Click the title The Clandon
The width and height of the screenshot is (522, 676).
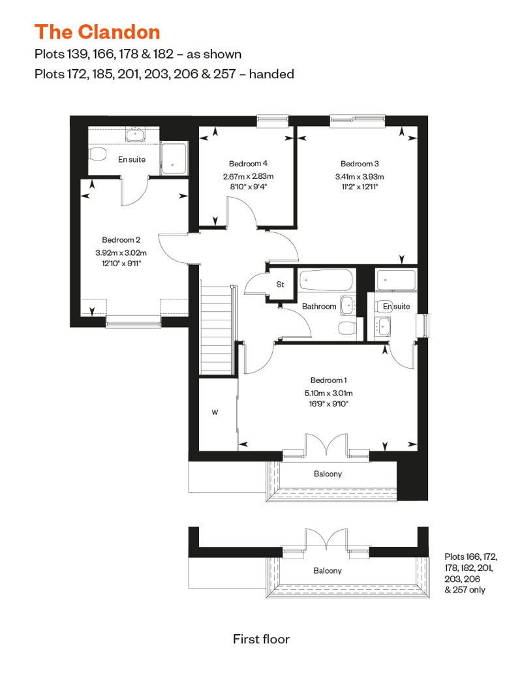click(x=97, y=33)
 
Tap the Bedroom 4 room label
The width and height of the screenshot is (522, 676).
click(x=249, y=163)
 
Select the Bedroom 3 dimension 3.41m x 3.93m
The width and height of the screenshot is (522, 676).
click(x=360, y=177)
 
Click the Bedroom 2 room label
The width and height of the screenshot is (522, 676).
click(x=121, y=239)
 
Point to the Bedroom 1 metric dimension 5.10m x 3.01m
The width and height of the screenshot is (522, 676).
click(x=328, y=393)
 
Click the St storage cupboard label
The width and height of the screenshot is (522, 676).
click(x=280, y=284)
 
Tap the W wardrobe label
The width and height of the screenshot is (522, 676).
click(x=215, y=412)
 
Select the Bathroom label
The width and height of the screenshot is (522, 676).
click(x=319, y=306)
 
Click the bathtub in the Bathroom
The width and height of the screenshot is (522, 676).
click(x=326, y=280)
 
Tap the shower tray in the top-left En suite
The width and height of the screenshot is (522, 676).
click(x=174, y=159)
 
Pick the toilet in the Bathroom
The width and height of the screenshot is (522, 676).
click(x=347, y=328)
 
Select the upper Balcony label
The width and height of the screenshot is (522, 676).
click(x=328, y=474)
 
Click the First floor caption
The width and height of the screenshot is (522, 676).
click(x=261, y=639)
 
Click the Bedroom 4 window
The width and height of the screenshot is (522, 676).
click(x=273, y=121)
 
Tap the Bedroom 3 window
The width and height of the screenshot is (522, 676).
click(x=358, y=121)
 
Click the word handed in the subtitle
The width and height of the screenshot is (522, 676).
click(x=271, y=74)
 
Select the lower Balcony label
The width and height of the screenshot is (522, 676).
click(x=328, y=571)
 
